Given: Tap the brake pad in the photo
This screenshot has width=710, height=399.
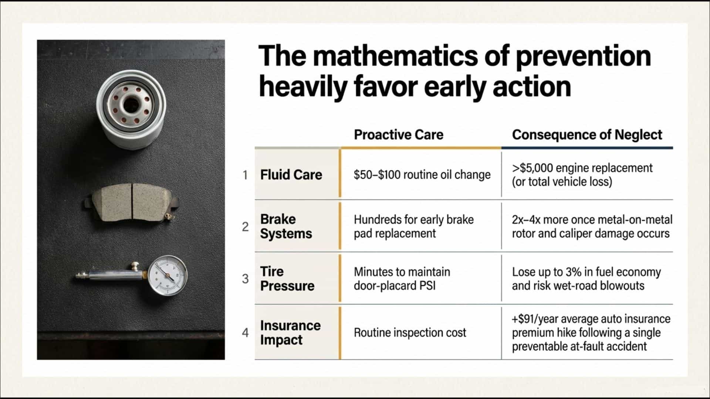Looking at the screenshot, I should (132, 203).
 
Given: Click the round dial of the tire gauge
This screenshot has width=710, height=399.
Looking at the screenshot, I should (168, 276).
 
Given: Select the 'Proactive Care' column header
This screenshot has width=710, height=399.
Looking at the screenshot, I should (398, 135).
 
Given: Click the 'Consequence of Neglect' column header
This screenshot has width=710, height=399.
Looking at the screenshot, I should (587, 135).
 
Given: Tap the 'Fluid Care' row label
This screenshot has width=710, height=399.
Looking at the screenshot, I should (291, 175).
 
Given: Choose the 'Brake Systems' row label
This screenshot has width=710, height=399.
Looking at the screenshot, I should (286, 226).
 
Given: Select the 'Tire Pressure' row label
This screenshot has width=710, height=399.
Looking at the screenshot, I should (287, 279).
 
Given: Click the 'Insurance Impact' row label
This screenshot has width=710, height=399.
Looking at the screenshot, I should (290, 332).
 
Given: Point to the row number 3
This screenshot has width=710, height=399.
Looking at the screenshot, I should (245, 279).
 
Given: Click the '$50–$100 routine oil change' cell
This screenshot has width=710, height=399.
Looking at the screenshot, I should (422, 175).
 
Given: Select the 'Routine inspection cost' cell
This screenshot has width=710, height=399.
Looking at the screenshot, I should (410, 332).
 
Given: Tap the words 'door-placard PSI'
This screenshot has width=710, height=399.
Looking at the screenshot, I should (395, 286).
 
